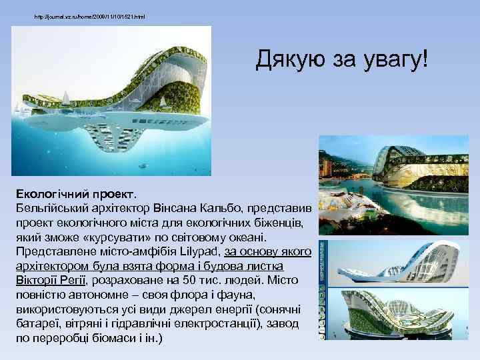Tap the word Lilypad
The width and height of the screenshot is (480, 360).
[x=201, y=251]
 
